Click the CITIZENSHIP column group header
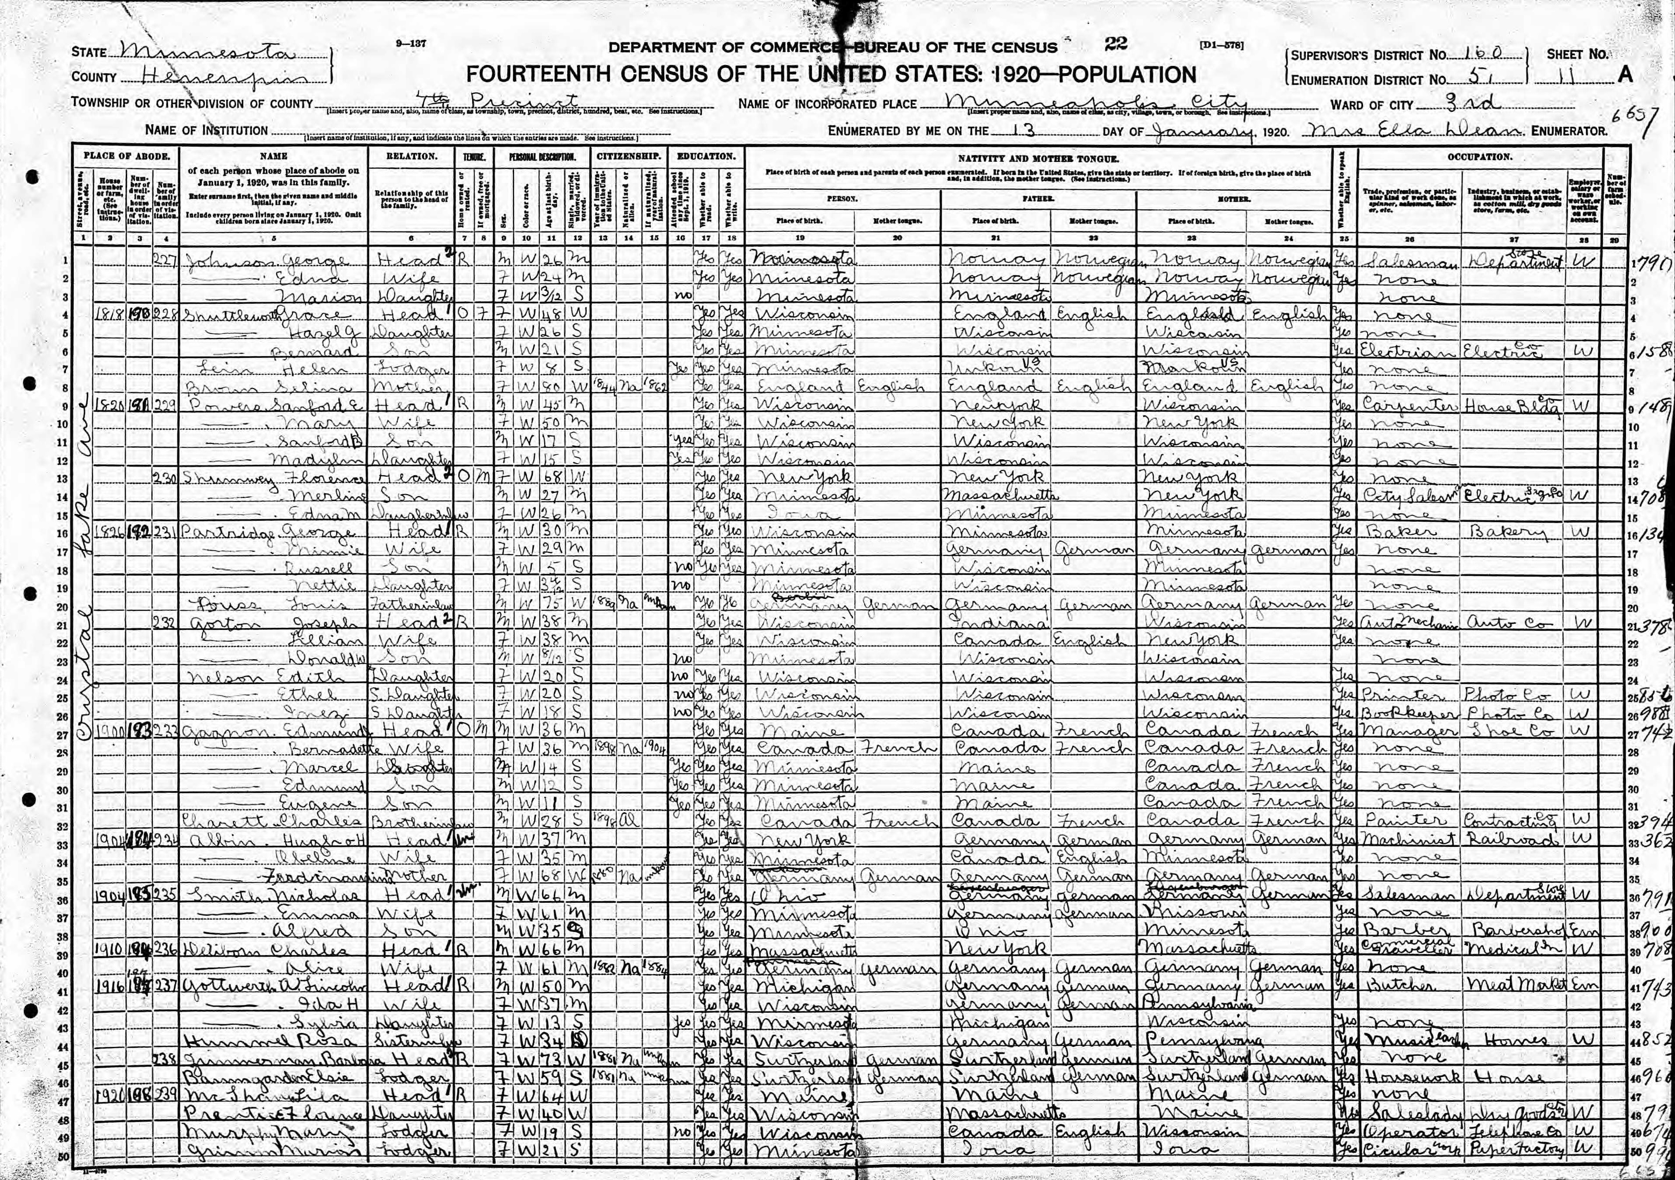(x=629, y=156)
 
